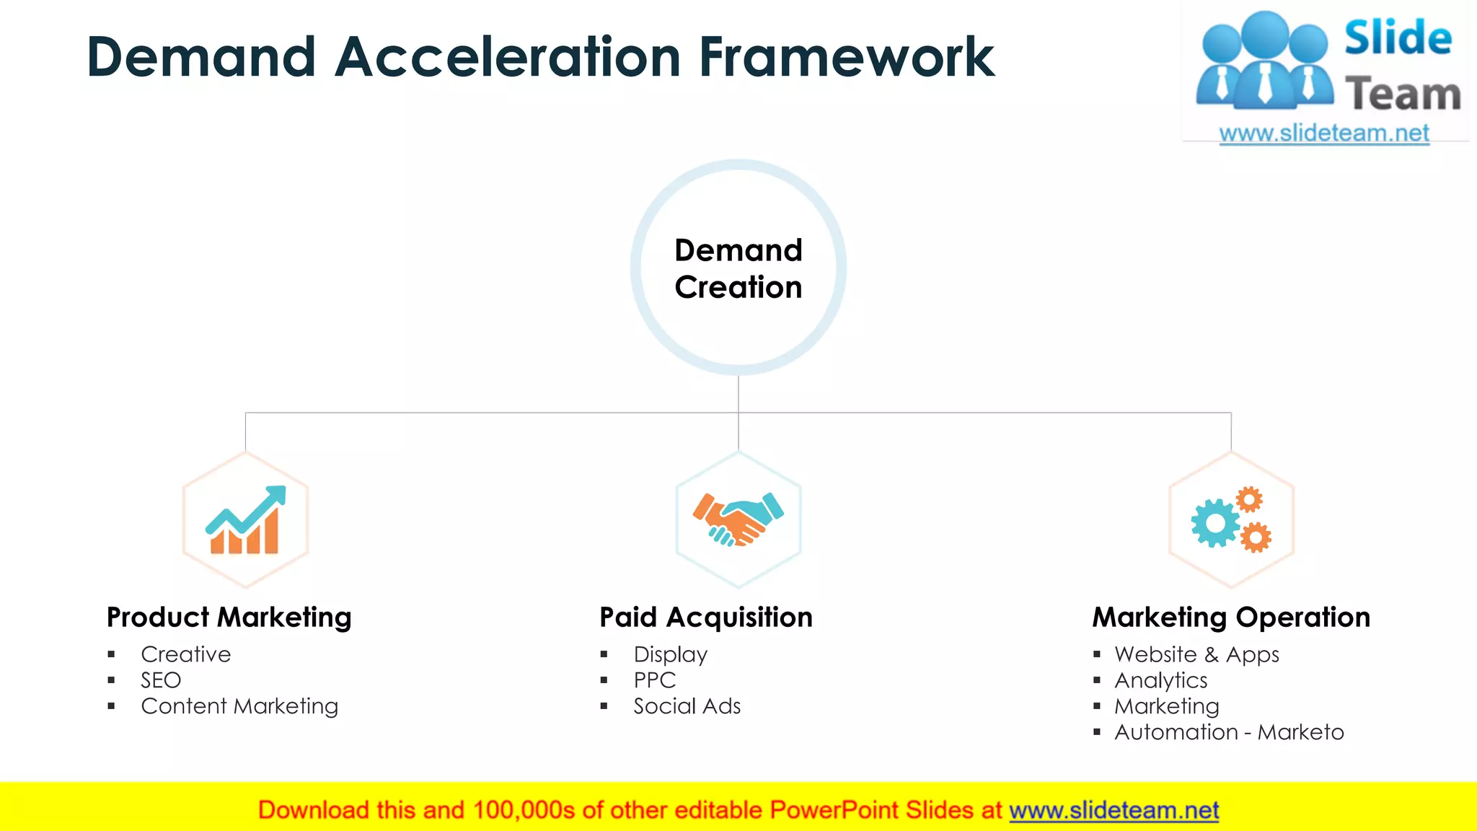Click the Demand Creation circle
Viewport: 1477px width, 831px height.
[x=738, y=268]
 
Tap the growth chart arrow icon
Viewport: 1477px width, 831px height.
[x=246, y=519]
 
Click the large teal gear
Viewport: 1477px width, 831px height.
[x=1215, y=523]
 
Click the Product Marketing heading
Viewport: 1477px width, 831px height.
[x=229, y=617]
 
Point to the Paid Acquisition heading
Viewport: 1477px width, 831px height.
[x=705, y=617]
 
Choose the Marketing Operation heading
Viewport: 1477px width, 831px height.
[x=1230, y=617]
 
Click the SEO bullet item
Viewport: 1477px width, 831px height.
[x=161, y=680]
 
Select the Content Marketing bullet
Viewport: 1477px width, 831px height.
[x=239, y=706]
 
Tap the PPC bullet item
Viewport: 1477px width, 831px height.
[x=654, y=680]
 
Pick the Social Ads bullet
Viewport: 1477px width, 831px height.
[x=687, y=706]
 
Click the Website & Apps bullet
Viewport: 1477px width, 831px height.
[x=1196, y=654]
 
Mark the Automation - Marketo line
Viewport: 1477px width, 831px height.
[x=1228, y=732]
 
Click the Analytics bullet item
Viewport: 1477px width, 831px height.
[x=1160, y=680]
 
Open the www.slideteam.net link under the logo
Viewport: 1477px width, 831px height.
[x=1323, y=133]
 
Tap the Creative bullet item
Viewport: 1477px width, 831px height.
[x=185, y=654]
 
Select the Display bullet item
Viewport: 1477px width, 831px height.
[x=670, y=654]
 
